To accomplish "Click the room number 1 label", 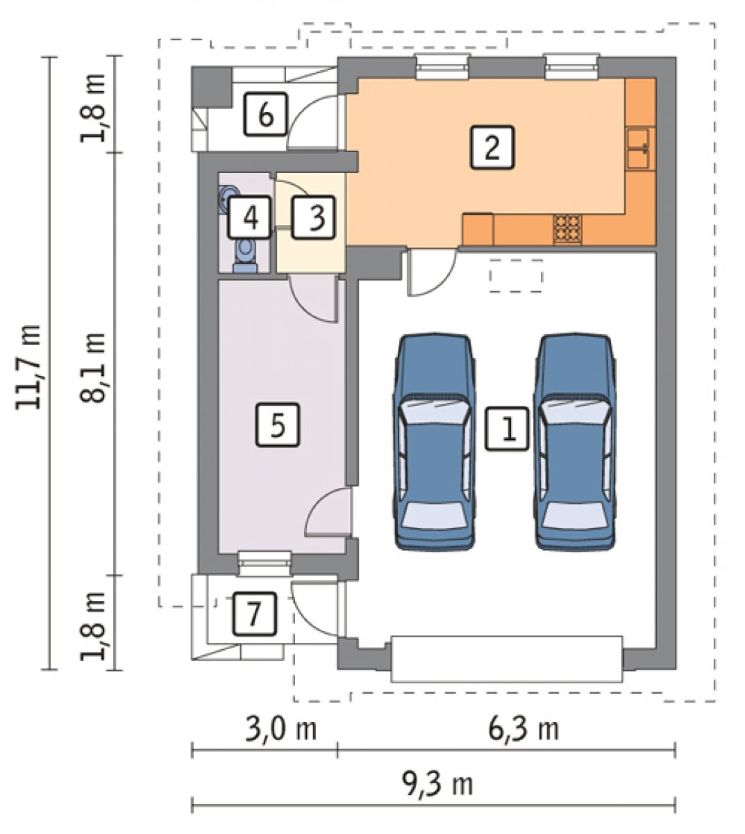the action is point(507,429).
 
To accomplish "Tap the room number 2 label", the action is point(492,147).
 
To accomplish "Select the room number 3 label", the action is point(313,218).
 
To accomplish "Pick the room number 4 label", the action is point(249,218).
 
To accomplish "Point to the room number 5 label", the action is point(277,425).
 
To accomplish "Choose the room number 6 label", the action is point(265,114).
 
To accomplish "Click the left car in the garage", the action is point(435,442).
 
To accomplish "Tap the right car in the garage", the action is point(575,442).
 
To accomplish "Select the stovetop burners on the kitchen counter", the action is point(567,229).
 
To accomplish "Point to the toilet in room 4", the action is point(245,256).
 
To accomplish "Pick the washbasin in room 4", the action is point(225,199).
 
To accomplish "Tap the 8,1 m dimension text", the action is point(92,368).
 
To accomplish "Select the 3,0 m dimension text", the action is point(281,730).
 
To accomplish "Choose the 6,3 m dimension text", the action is point(524,730).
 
